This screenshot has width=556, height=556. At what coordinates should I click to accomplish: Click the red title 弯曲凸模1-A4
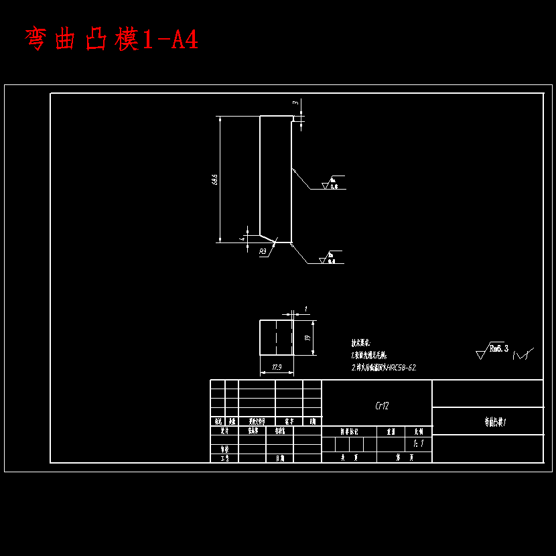coord(111,40)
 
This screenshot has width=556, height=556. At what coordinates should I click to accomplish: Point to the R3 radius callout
coord(263,252)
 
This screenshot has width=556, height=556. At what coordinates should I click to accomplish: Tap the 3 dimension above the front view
coord(295,102)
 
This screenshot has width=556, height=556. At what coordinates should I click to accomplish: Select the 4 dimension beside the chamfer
coord(242,238)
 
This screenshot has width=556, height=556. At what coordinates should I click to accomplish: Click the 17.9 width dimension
coord(276,367)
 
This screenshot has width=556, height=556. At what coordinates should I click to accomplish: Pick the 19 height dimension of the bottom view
coord(307,338)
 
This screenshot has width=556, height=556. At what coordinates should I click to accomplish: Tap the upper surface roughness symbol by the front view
coord(331,184)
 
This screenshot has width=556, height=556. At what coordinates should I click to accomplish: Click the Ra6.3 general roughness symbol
coord(492,350)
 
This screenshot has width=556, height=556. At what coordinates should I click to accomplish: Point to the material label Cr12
coord(382,406)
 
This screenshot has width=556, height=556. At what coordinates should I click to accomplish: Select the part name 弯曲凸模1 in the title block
coord(495,422)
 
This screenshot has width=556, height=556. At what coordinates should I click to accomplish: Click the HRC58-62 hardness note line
coord(384,368)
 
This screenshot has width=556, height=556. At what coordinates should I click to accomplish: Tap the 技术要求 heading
coord(365,342)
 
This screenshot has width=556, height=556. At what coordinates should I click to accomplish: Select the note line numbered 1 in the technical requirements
coord(369,355)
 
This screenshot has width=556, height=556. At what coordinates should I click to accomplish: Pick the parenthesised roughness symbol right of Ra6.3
coord(523,354)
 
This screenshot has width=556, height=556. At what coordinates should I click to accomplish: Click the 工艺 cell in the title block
coord(224,458)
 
